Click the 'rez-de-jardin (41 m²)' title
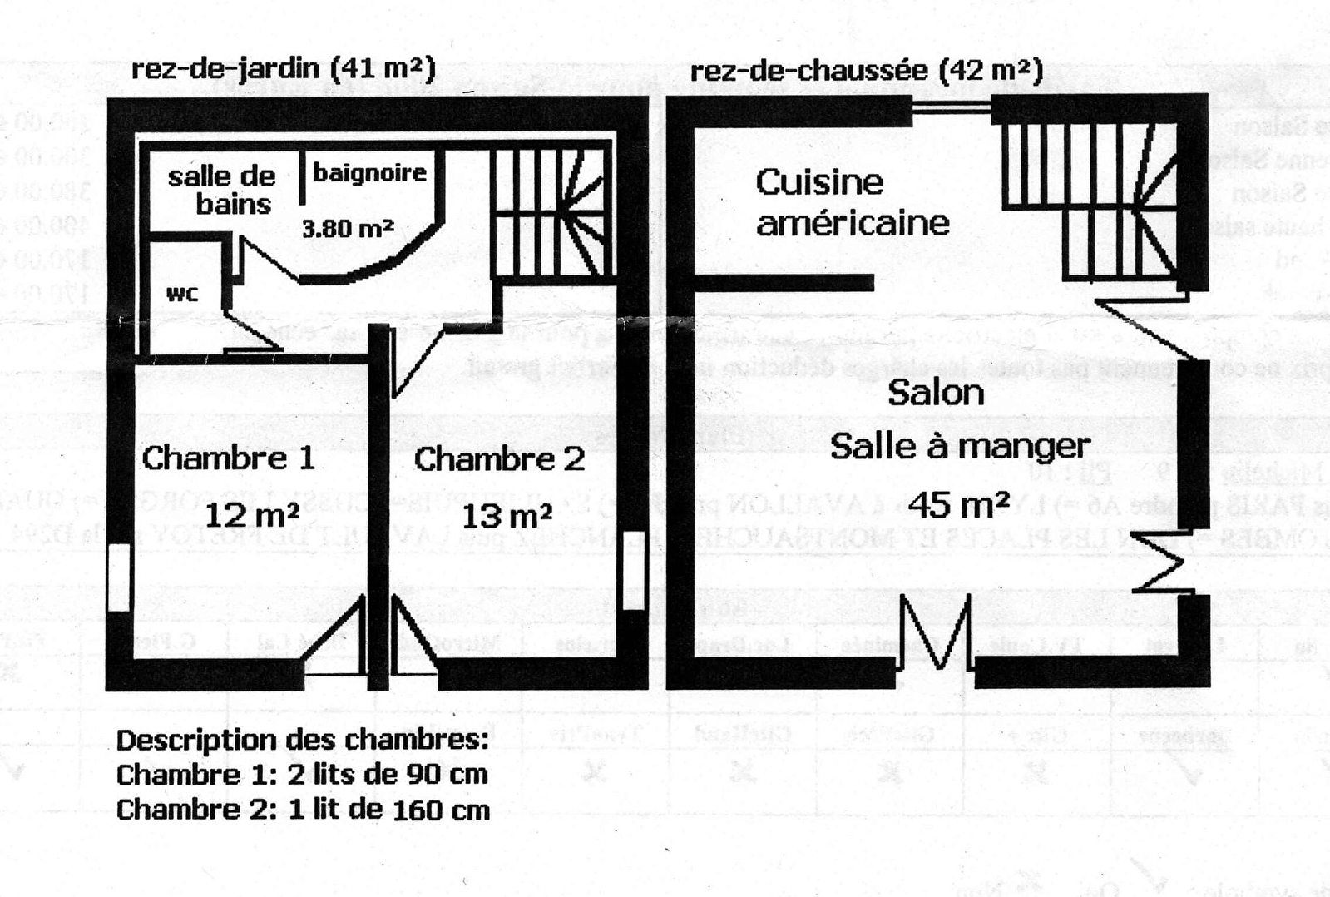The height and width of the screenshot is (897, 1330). (x=283, y=68)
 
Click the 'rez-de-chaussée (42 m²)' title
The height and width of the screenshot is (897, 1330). (x=866, y=71)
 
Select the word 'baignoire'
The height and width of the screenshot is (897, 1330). (x=369, y=172)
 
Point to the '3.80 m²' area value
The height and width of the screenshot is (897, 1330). (x=348, y=227)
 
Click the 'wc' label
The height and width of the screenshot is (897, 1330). (x=182, y=294)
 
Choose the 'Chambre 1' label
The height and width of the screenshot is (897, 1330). (x=228, y=458)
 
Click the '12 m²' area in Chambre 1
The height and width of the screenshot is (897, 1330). (x=251, y=515)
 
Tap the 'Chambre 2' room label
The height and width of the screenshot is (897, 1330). (x=499, y=458)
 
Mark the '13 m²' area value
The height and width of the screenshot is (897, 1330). (x=507, y=516)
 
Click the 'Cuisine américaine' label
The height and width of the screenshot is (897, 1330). (x=852, y=202)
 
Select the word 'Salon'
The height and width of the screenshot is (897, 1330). (x=936, y=393)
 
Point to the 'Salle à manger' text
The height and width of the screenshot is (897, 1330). (x=960, y=447)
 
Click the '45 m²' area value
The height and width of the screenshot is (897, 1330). (x=958, y=504)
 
